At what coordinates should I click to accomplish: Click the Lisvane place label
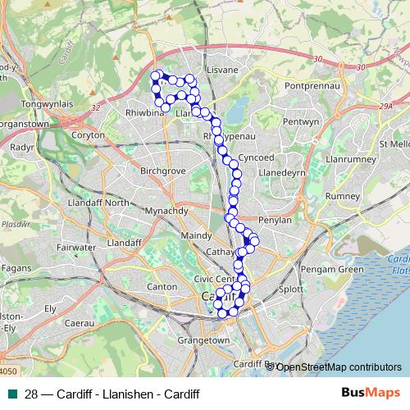coord(223,71)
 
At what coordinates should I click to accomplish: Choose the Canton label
coord(161,287)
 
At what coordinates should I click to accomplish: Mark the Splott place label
coord(291,289)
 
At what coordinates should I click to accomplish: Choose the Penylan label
coord(276,221)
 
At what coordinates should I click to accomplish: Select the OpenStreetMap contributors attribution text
coord(339,367)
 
